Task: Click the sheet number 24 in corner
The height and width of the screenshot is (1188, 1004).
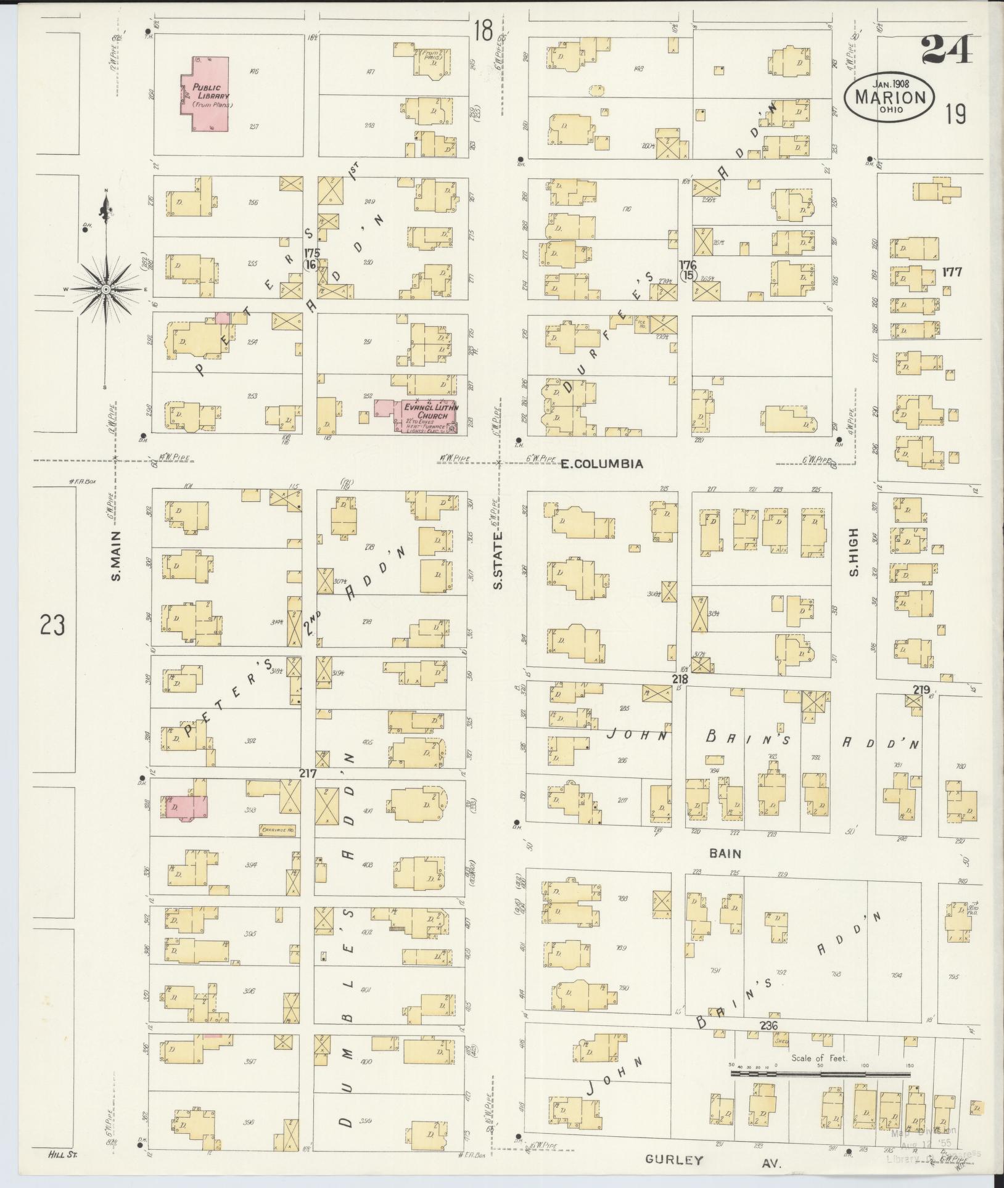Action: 947,51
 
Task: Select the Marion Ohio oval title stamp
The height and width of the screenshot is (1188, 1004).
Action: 889,99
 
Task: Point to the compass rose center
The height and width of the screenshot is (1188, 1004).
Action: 106,289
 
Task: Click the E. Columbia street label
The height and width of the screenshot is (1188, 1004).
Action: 601,464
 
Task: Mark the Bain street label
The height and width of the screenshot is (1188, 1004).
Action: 725,854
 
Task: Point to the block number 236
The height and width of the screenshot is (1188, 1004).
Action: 769,1026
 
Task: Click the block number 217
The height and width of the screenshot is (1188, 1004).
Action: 308,773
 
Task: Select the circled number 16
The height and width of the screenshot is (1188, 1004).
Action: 310,264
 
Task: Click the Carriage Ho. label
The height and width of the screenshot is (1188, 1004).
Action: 276,829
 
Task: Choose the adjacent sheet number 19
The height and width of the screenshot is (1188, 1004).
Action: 955,115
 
